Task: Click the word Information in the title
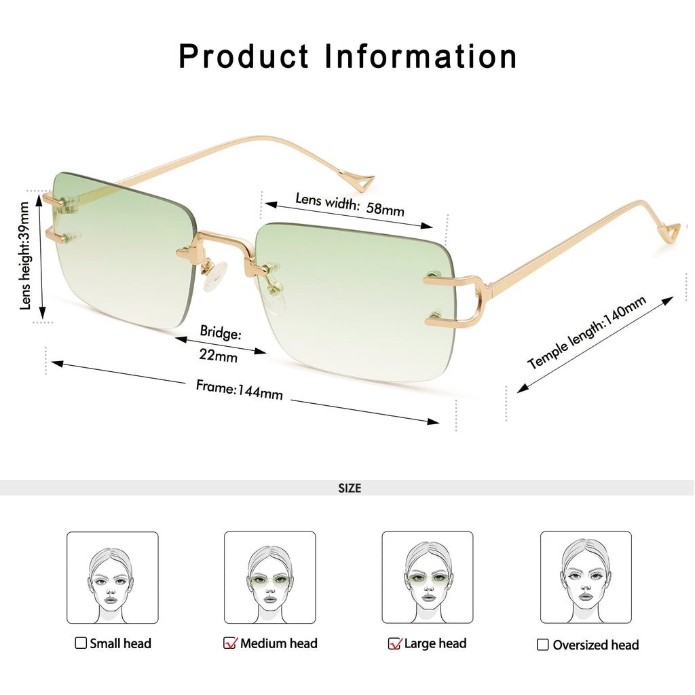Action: click(421, 56)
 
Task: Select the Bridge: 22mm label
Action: click(220, 343)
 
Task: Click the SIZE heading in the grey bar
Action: click(350, 488)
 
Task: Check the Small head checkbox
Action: click(81, 643)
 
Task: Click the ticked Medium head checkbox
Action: click(230, 643)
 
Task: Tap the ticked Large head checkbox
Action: click(394, 643)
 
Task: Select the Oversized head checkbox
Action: click(542, 645)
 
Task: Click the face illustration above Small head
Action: click(112, 578)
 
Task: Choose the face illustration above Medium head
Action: click(270, 578)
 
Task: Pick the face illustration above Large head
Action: click(428, 578)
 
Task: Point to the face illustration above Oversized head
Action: click(586, 578)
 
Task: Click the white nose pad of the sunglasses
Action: click(216, 277)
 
